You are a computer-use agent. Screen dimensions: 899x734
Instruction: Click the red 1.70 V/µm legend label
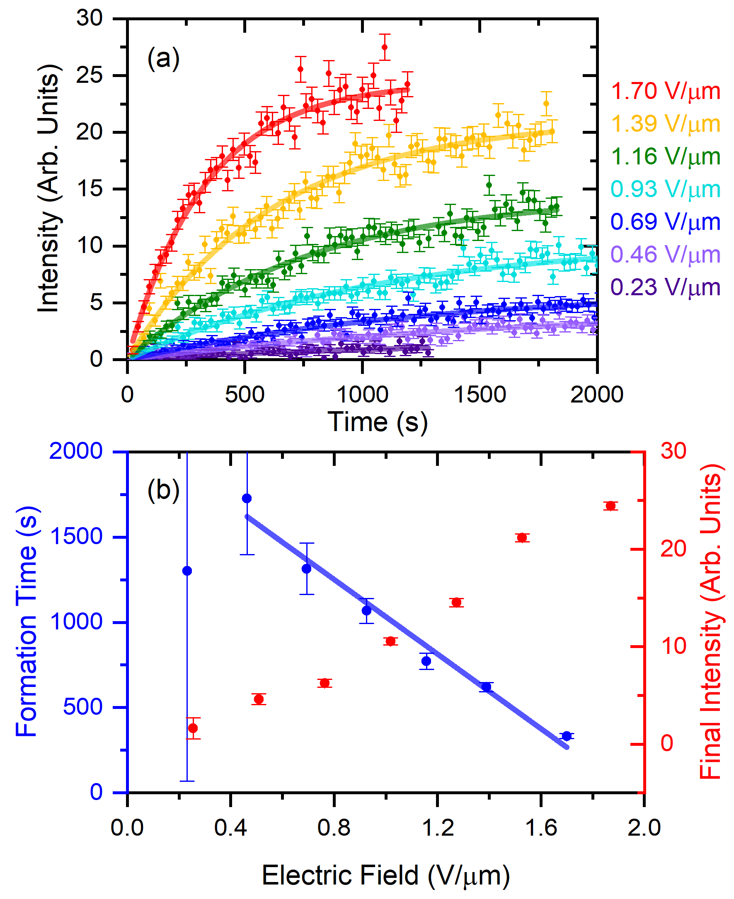coord(666,91)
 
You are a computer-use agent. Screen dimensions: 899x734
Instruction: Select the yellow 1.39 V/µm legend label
coord(666,124)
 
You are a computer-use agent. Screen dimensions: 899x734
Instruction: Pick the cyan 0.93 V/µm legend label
coord(666,189)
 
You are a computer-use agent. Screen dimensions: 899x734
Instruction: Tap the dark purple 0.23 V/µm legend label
coord(666,287)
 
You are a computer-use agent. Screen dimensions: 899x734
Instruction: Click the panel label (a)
coord(163,58)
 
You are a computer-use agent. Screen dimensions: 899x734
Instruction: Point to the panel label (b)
coord(163,490)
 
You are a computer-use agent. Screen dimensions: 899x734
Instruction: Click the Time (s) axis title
coord(378,422)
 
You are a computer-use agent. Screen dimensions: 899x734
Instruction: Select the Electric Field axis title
coord(385,875)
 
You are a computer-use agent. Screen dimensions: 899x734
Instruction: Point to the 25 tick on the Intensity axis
coord(89,76)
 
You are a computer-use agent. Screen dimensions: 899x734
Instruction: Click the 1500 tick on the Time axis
coord(480,395)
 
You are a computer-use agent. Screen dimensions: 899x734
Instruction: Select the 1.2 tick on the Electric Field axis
coord(438,827)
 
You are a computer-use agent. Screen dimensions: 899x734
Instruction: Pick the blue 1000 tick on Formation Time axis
coord(76,622)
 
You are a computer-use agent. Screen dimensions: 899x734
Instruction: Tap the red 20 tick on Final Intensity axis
coord(673,549)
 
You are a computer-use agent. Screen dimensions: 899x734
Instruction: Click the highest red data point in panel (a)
coord(384,47)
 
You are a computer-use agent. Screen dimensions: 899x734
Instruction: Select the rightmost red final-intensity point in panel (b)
coord(610,506)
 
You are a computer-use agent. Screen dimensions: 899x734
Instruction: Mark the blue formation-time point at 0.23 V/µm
coord(187,571)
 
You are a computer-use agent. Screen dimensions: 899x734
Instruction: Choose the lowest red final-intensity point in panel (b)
coord(193,728)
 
